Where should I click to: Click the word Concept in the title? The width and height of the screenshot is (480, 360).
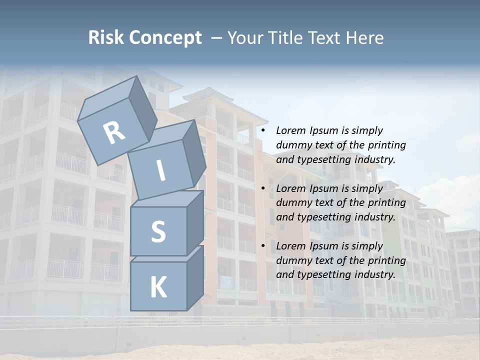pyautogui.click(x=165, y=38)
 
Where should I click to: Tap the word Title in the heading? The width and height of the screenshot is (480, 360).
pyautogui.click(x=283, y=38)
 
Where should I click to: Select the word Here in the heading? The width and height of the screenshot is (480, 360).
pyautogui.click(x=364, y=38)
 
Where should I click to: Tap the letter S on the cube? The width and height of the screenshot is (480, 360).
pyautogui.click(x=158, y=232)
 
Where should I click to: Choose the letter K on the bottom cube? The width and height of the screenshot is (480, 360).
pyautogui.click(x=158, y=287)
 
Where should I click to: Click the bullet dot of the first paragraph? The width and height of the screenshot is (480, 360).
pyautogui.click(x=263, y=131)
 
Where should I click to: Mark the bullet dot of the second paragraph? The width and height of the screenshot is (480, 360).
pyautogui.click(x=263, y=188)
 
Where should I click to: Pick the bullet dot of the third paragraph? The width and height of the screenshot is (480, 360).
pyautogui.click(x=263, y=246)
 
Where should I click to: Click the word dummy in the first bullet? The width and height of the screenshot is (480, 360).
pyautogui.click(x=291, y=145)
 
